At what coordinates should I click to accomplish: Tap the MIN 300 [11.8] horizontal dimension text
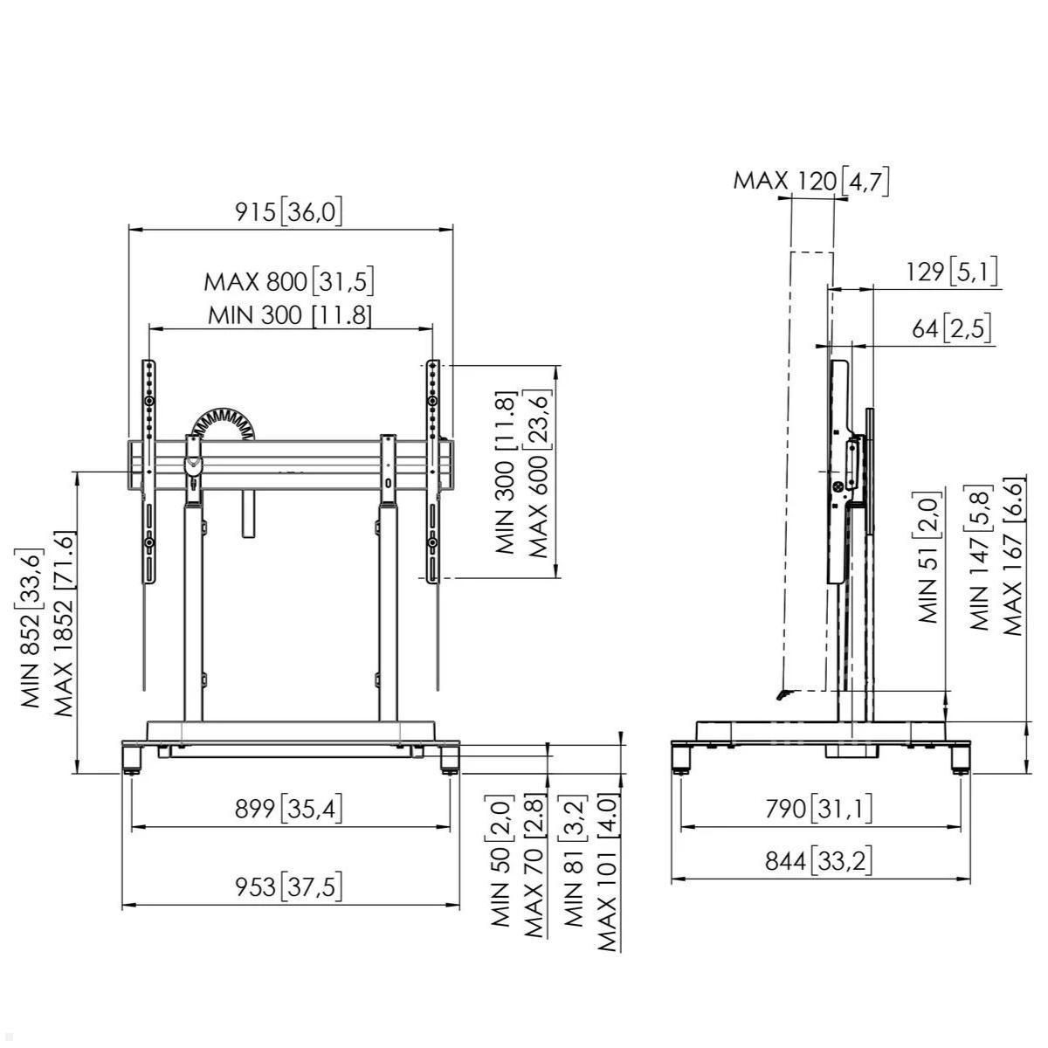pyautogui.click(x=289, y=314)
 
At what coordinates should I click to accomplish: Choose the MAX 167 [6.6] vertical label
pyautogui.click(x=1012, y=556)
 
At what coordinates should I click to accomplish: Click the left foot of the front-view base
pyautogui.click(x=132, y=758)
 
